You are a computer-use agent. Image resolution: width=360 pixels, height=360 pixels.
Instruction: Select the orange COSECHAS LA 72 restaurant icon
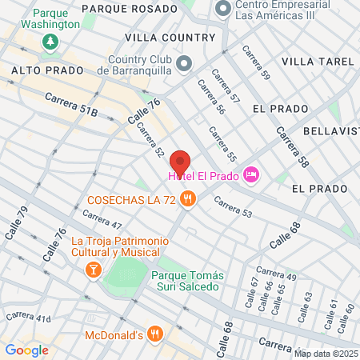tap(187, 199)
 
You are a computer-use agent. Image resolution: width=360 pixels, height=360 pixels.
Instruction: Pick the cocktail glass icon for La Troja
tap(93, 270)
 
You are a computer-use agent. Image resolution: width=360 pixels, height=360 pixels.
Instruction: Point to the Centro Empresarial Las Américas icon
tap(222, 10)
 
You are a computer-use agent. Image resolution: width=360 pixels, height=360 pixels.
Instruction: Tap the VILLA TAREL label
tap(318, 62)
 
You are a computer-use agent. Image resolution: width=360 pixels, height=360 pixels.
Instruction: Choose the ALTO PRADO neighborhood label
tap(47, 70)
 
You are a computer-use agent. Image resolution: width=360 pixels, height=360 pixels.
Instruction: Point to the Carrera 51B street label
tap(71, 106)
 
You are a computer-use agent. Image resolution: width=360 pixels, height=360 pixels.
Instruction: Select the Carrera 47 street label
tap(102, 219)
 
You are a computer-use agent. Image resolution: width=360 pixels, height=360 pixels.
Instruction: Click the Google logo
tap(27, 350)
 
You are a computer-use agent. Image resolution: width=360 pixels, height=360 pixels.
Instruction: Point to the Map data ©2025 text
tap(325, 354)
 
